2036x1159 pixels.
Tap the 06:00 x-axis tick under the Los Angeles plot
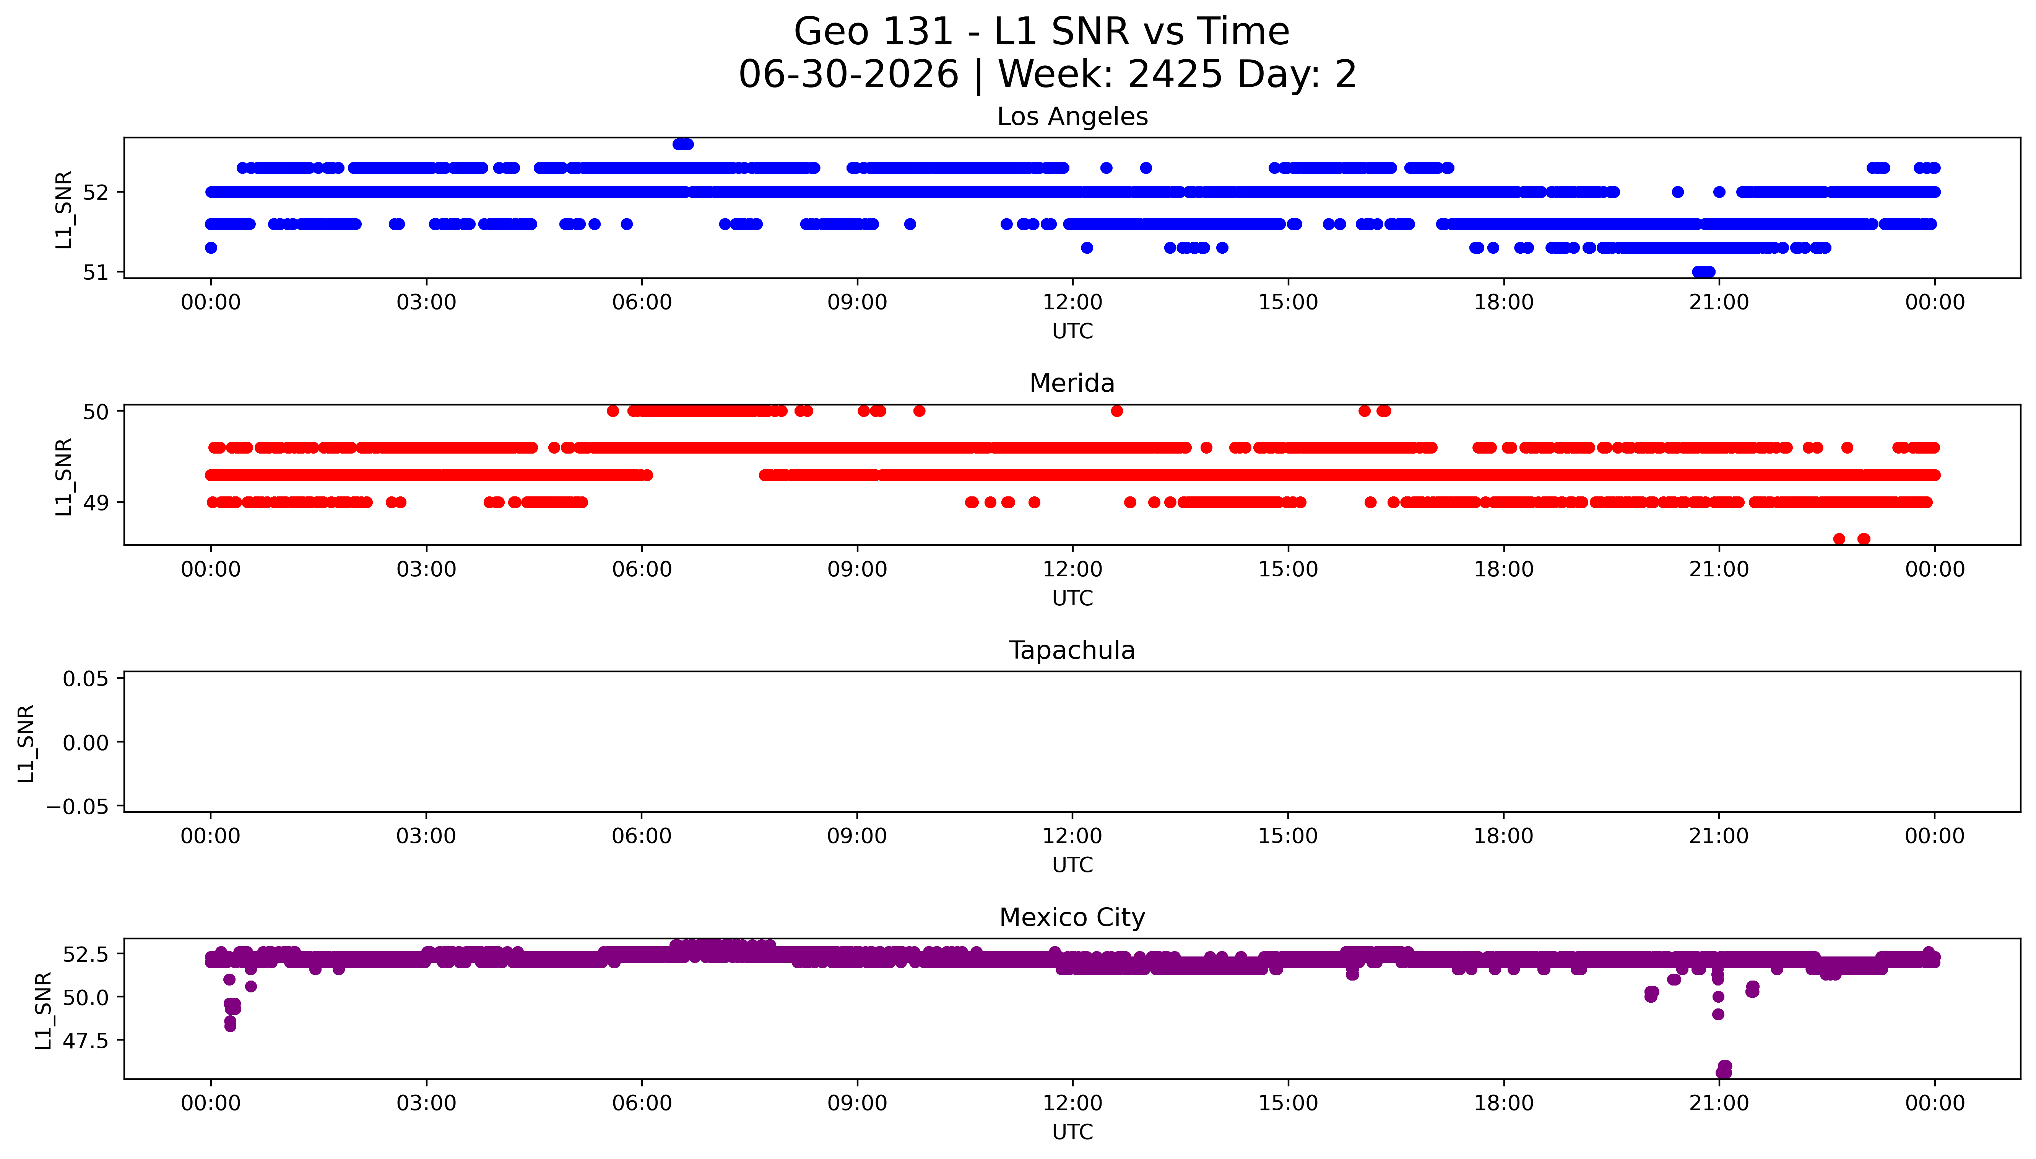tap(642, 303)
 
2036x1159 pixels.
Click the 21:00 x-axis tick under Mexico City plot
tap(1719, 1103)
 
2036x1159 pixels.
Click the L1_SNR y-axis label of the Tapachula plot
tap(26, 743)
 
